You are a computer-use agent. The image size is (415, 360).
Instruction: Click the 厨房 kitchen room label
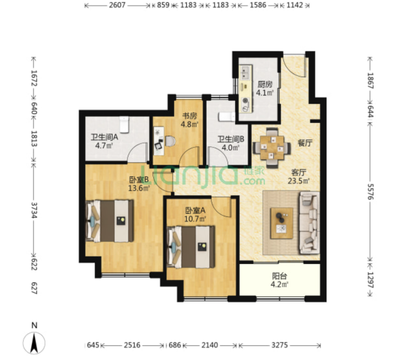(265, 84)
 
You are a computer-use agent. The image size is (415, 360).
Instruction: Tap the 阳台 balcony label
(279, 276)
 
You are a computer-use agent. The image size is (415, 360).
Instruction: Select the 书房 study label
(189, 116)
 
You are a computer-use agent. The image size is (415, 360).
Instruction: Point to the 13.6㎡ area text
(139, 188)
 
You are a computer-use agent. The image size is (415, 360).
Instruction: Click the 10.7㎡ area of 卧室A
(195, 219)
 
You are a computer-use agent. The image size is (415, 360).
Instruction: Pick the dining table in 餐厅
(272, 148)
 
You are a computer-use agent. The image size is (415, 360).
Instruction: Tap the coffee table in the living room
(281, 223)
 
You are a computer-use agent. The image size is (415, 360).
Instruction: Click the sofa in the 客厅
(309, 223)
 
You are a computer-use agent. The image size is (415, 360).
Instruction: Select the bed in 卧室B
(109, 221)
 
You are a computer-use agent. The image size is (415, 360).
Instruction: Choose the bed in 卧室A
(191, 247)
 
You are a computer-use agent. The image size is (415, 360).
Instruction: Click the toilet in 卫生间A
(124, 124)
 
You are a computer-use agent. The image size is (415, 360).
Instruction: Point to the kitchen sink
(245, 73)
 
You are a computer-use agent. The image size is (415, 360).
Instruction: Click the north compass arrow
(34, 343)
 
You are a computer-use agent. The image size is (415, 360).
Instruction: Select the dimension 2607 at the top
(117, 5)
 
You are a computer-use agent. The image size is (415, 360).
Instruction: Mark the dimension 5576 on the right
(370, 192)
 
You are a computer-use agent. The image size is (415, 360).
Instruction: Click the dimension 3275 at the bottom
(279, 345)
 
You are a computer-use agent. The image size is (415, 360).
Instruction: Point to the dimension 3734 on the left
(34, 210)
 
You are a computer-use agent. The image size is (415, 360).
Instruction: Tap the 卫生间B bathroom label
(231, 139)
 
